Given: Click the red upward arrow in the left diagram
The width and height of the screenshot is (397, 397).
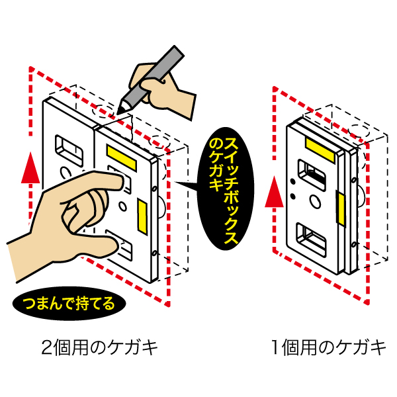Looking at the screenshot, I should (x=27, y=169).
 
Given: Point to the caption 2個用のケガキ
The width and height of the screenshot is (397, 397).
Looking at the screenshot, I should (x=100, y=347).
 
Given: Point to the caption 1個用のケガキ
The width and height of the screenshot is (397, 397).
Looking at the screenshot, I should (x=328, y=347).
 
